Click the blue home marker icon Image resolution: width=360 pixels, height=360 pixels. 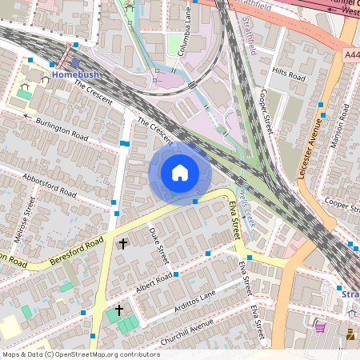(180, 172)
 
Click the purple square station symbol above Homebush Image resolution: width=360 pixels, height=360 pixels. (75, 62)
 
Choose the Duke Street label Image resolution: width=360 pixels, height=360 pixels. (160, 244)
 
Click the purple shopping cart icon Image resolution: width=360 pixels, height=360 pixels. (320, 326)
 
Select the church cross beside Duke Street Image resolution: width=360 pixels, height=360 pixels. (122, 242)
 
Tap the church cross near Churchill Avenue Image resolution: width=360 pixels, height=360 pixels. (119, 310)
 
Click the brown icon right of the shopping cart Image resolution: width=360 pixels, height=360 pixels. (350, 332)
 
